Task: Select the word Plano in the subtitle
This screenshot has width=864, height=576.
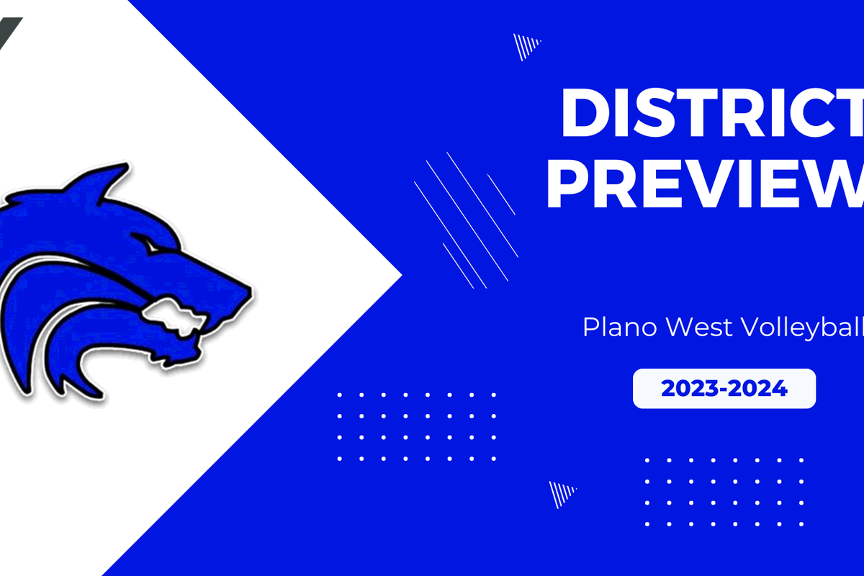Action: (620, 328)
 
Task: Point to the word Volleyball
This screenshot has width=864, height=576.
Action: (795, 328)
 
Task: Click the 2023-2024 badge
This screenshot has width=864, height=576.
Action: (724, 389)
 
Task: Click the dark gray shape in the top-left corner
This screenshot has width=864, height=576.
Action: (9, 29)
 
